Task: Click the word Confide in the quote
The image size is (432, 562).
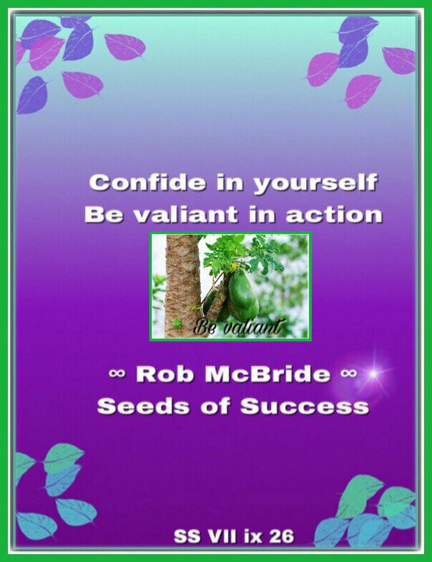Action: (x=148, y=182)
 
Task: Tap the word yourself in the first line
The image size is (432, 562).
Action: (x=315, y=184)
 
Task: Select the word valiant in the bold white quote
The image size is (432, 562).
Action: (x=186, y=214)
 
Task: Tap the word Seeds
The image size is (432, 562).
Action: (x=143, y=406)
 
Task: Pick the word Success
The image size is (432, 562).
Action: (x=305, y=406)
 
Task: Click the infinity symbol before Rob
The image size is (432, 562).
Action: (x=117, y=373)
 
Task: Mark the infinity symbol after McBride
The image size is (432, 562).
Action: (x=348, y=373)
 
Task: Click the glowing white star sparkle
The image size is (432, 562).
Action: (x=373, y=374)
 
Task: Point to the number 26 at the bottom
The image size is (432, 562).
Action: (x=282, y=536)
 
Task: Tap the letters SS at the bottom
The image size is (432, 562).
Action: (x=187, y=536)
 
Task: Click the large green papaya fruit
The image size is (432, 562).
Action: (x=243, y=296)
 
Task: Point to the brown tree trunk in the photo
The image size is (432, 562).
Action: (x=182, y=286)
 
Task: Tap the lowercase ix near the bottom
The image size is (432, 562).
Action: (x=254, y=536)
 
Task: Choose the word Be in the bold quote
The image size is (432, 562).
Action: (x=104, y=214)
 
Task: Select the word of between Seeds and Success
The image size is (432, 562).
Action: (x=215, y=406)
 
